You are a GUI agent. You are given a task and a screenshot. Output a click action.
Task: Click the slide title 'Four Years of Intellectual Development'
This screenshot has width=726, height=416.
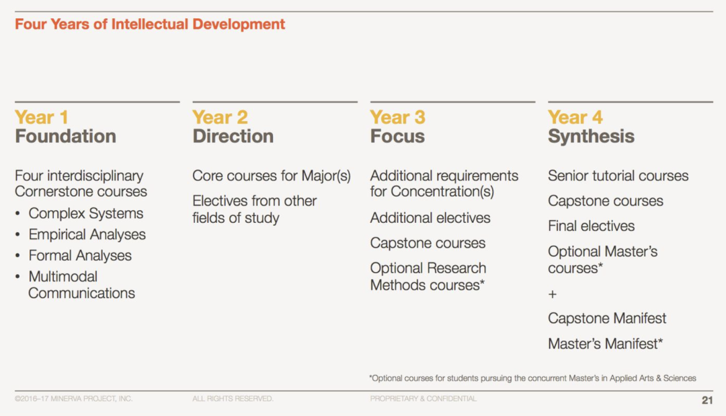(149, 24)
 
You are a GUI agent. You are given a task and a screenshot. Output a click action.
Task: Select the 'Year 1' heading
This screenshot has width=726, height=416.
(42, 117)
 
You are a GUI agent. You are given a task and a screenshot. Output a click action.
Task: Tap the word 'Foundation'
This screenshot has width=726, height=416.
(65, 137)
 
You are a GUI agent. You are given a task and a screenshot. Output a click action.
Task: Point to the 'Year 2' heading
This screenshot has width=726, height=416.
(220, 117)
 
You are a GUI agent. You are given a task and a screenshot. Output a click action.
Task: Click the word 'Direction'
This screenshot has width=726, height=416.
(233, 137)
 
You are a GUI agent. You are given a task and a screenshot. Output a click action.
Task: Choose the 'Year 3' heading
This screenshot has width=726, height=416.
(398, 117)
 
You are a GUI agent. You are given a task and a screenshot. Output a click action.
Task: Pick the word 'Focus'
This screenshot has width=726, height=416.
(397, 137)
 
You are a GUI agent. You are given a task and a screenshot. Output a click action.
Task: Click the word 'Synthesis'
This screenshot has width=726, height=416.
(591, 137)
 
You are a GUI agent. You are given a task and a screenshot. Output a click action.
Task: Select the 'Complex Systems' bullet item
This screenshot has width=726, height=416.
(85, 213)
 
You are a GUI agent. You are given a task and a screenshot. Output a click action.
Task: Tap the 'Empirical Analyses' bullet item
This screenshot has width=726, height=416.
(87, 234)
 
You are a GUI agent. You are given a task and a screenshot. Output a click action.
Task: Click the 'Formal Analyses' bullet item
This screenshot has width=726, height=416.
(80, 256)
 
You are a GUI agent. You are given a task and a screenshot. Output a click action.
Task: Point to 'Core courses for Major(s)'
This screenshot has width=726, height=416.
(272, 176)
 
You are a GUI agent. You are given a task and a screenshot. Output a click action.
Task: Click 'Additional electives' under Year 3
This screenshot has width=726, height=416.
(430, 218)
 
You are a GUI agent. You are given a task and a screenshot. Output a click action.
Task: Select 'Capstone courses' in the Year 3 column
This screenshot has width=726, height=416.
(428, 243)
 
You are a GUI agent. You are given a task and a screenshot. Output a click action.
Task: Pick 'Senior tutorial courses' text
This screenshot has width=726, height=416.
(618, 176)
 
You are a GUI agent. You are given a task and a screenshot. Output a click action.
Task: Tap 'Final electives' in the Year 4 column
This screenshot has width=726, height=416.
(592, 226)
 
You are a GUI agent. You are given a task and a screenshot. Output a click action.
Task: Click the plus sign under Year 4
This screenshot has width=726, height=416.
(553, 294)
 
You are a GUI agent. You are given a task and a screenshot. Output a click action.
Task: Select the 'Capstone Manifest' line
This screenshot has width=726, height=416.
(607, 318)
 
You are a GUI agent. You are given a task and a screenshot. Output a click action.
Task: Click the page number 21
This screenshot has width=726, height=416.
(707, 401)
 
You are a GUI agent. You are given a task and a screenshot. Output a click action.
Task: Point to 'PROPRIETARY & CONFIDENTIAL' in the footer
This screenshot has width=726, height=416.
(424, 399)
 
